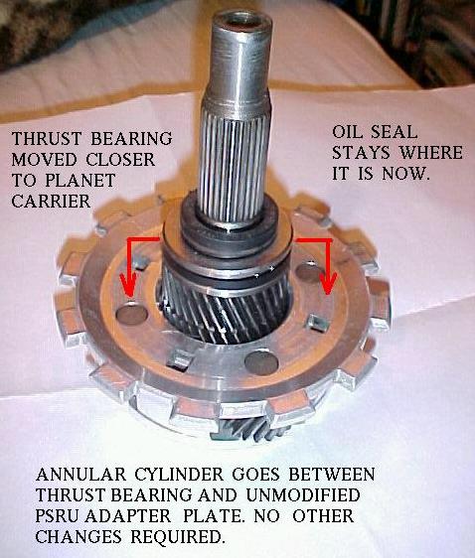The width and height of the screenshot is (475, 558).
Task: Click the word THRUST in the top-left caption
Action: coord(47,138)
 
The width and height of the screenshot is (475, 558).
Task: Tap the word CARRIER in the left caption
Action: coord(51,202)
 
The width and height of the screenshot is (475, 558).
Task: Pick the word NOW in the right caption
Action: coord(405,175)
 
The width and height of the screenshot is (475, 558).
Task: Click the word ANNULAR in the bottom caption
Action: coord(80,475)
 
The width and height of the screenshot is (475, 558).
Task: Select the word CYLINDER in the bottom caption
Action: coord(179,475)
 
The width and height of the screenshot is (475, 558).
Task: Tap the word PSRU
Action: coord(57,516)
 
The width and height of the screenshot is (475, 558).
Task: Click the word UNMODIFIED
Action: coord(303,495)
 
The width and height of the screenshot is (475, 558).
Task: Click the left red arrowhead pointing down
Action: coord(128,287)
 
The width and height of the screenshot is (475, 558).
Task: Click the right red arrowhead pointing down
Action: coord(328,283)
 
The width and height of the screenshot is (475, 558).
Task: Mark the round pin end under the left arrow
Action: coord(132,314)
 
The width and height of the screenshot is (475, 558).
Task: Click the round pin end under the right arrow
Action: coord(309,272)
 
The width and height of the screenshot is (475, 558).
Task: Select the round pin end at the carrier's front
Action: coord(262,363)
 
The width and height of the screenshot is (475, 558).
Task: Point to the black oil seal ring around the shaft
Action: coord(230,233)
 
